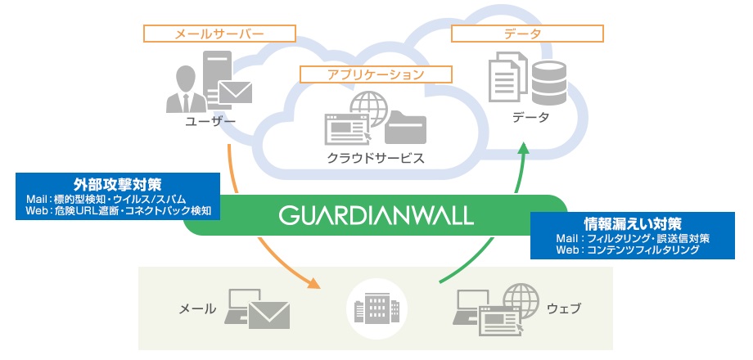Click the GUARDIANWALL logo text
[376, 215]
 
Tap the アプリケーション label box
[376, 74]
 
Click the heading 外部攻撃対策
[117, 184]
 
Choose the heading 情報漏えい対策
[634, 223]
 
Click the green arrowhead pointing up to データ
[525, 151]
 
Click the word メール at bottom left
[197, 309]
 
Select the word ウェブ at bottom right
[563, 309]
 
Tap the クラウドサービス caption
[376, 157]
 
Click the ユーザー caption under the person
[210, 123]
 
